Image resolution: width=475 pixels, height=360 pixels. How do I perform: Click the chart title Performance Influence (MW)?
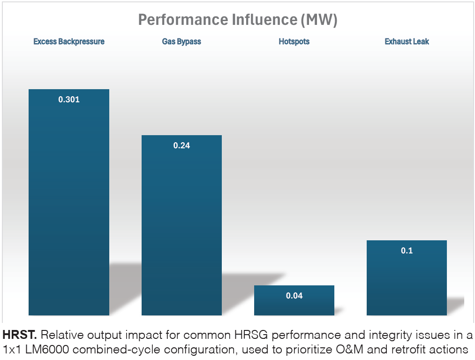coord(238,20)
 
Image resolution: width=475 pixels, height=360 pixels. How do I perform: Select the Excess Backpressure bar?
coord(69,202)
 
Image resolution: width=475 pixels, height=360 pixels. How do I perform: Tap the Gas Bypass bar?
coord(181,225)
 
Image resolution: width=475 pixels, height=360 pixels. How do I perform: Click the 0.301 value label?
coord(69,100)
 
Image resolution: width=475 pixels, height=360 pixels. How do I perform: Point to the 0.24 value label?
coord(181,146)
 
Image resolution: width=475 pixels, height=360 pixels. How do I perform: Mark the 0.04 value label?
coord(294,296)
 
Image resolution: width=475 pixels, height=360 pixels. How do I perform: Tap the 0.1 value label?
coord(407,251)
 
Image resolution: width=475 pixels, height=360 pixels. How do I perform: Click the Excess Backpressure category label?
coord(69,42)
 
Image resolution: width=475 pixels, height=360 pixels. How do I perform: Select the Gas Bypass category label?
coord(181,42)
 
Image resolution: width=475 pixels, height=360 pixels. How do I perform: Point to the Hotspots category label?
coord(294,42)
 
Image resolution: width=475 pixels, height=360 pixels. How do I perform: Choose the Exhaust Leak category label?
coord(407,42)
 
